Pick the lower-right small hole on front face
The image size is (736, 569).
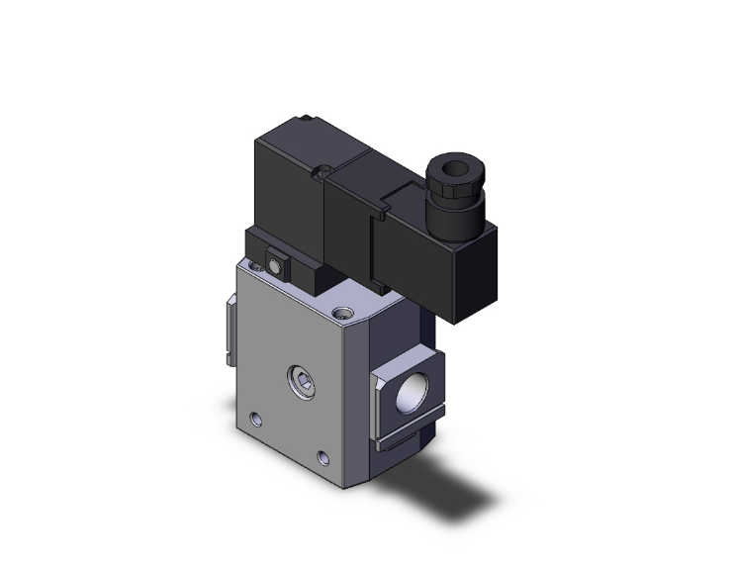322,457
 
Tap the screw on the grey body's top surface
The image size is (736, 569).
343,314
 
